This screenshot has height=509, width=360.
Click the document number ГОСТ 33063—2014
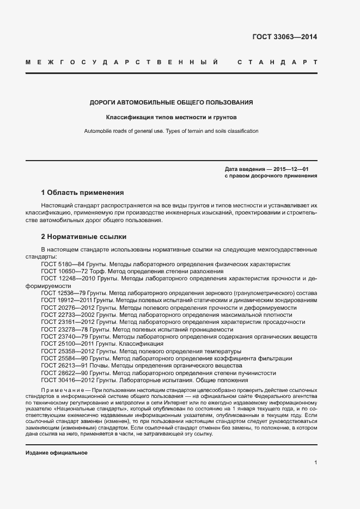284,37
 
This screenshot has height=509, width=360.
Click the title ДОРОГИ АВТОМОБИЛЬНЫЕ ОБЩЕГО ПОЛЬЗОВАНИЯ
171,102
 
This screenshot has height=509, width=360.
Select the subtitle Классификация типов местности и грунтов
171,117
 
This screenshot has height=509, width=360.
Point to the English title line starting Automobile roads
171,131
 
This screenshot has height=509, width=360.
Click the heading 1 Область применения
82,193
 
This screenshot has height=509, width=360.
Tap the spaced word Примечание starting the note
60,391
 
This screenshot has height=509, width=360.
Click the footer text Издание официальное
57,453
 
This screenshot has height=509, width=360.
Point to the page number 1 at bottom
316,463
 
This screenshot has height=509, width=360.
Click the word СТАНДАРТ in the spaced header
277,62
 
